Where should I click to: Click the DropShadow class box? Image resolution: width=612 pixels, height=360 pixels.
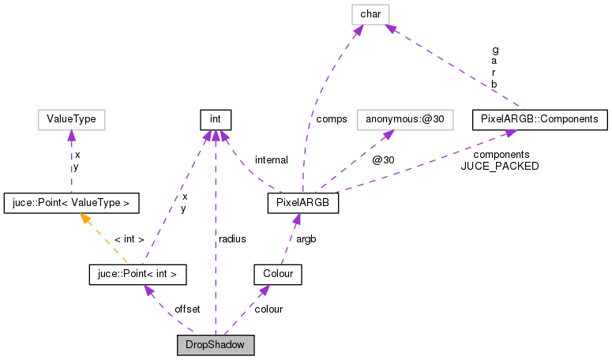[216, 345]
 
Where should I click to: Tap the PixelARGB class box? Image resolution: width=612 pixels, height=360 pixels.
[303, 203]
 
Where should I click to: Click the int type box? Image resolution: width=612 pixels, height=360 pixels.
[215, 119]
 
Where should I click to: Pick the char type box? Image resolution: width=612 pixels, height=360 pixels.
[370, 13]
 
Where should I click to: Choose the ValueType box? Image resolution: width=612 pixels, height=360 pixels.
[71, 119]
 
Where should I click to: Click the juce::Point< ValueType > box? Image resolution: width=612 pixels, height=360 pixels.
[71, 203]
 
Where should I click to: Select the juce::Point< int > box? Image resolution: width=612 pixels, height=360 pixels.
[137, 274]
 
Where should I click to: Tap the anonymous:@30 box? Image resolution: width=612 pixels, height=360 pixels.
[392, 119]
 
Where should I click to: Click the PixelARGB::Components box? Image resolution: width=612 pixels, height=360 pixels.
[540, 119]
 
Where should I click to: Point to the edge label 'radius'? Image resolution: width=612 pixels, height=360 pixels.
[232, 238]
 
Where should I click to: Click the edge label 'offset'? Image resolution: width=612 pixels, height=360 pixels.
[187, 309]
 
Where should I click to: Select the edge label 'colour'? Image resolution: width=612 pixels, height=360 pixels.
[268, 309]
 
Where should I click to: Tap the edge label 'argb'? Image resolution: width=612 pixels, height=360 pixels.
[307, 238]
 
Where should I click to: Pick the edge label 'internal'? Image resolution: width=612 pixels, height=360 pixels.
[271, 160]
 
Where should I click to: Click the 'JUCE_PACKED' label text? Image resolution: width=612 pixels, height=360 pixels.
[500, 167]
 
